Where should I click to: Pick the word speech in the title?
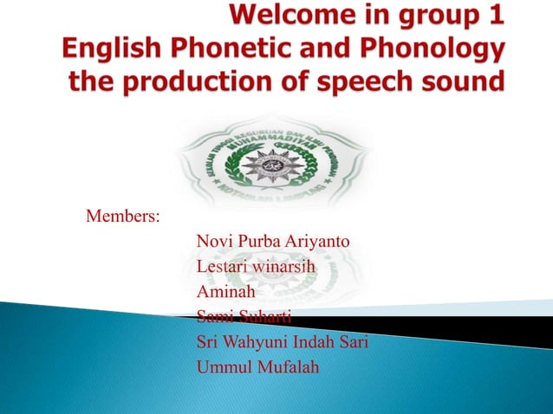[375, 82]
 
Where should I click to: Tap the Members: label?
[122, 214]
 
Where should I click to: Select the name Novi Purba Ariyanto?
[273, 240]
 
